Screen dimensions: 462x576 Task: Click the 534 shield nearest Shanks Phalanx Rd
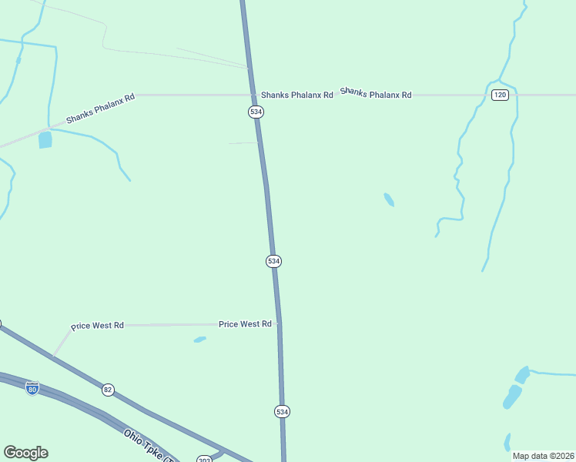[x=256, y=112]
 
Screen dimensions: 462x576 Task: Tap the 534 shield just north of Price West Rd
[x=273, y=261]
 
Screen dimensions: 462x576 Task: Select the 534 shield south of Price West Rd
[x=282, y=411]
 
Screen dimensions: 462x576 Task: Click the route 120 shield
[x=501, y=95]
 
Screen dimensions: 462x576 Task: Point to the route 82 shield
[x=107, y=390]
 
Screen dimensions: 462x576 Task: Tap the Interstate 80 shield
[x=32, y=388]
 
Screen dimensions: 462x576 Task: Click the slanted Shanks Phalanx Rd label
[x=100, y=109]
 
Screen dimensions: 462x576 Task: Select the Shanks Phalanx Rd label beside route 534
[x=296, y=95]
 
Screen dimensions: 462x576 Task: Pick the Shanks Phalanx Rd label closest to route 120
[x=376, y=93]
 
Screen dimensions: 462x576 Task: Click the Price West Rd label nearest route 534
[x=245, y=324]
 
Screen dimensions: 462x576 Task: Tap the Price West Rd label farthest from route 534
[x=97, y=326]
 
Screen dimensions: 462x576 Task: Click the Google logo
[x=25, y=453]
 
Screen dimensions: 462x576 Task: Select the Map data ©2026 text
[x=543, y=456]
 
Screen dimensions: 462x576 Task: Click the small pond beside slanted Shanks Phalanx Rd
[x=45, y=139]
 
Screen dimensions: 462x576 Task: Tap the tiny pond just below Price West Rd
[x=200, y=339]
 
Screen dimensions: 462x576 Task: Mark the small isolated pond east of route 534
[x=389, y=200]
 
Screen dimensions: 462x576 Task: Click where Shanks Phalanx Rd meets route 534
[x=253, y=95]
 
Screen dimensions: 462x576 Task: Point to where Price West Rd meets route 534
[x=279, y=324]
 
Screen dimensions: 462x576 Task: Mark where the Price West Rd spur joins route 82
[x=53, y=356]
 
